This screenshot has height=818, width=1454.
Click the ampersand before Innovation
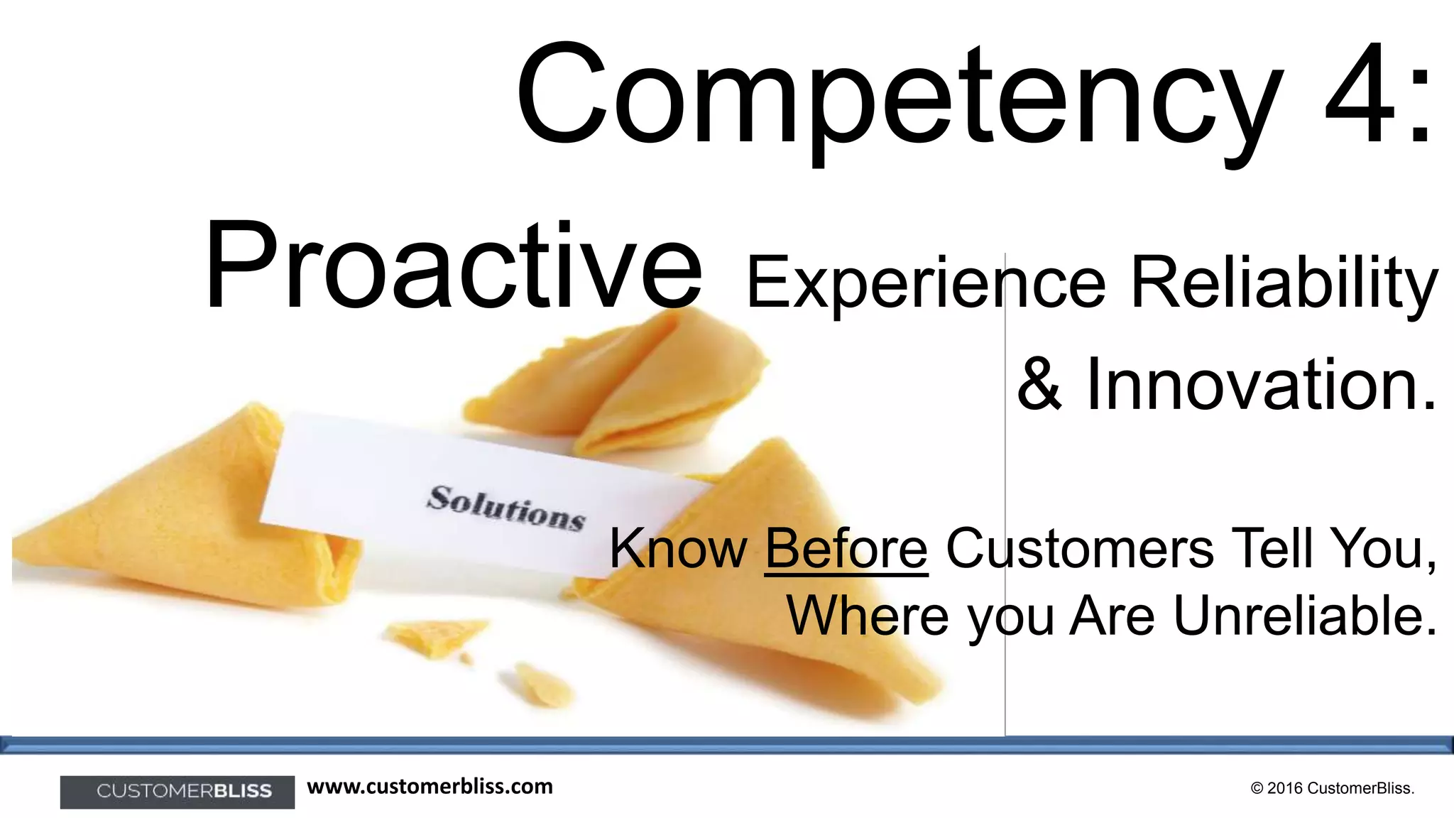[x=1039, y=386]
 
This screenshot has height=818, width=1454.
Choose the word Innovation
[x=1261, y=386]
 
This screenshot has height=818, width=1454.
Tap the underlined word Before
[x=846, y=549]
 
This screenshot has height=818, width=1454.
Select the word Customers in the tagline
[x=1079, y=549]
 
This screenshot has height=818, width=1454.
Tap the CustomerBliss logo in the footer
[x=177, y=792]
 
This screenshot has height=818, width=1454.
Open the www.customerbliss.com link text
[x=430, y=787]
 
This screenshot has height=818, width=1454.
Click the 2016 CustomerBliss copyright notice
[x=1332, y=788]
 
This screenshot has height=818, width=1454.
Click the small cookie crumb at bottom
[x=542, y=685]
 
